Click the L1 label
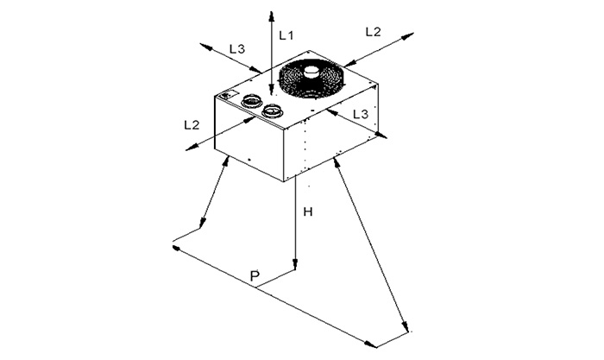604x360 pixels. coord(286,35)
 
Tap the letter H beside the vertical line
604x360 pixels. coord(308,212)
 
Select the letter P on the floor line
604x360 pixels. coord(255,276)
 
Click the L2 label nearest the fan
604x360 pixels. coord(373,32)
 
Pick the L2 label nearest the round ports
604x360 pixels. coord(192,124)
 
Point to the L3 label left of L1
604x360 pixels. coord(237,49)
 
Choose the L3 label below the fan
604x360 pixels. coord(361,114)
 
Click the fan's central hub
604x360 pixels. coord(311,72)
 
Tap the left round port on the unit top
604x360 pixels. coord(252,101)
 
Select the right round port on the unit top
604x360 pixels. coord(273,111)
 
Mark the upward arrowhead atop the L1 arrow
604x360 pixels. coord(272,16)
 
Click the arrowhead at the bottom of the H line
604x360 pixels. coord(295,264)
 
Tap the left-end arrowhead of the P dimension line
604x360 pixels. coord(177,248)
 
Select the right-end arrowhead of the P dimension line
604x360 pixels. coord(371,344)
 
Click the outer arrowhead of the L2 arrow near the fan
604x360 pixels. coord(407,36)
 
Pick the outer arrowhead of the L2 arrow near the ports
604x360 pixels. coord(192,147)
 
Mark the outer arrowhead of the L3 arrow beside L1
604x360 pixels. coord(206,47)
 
